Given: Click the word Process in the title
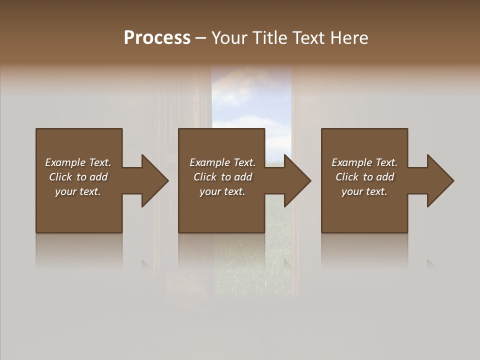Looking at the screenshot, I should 157,38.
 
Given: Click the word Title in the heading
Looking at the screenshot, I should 268,38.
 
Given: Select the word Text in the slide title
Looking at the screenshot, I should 309,38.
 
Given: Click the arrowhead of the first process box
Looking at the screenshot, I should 154,180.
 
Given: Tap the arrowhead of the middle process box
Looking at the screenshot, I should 297,180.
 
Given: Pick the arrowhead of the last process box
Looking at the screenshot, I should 440,180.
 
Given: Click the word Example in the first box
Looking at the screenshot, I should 65,162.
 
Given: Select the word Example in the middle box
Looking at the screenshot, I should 210,162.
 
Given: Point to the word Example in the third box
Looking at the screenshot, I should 352,162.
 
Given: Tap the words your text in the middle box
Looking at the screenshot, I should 222,191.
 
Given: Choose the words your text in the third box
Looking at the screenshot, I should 364,191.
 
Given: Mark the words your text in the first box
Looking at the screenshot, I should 77,191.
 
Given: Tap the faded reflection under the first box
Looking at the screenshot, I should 78,250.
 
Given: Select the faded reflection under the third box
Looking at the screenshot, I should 364,250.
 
